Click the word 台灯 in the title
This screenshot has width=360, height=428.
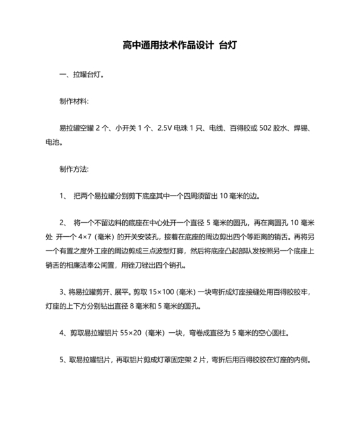point(228,46)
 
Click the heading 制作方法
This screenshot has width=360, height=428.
point(73,169)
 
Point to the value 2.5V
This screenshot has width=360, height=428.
point(165,128)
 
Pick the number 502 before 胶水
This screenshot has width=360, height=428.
point(266,128)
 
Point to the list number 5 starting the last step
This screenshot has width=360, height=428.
point(61,360)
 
